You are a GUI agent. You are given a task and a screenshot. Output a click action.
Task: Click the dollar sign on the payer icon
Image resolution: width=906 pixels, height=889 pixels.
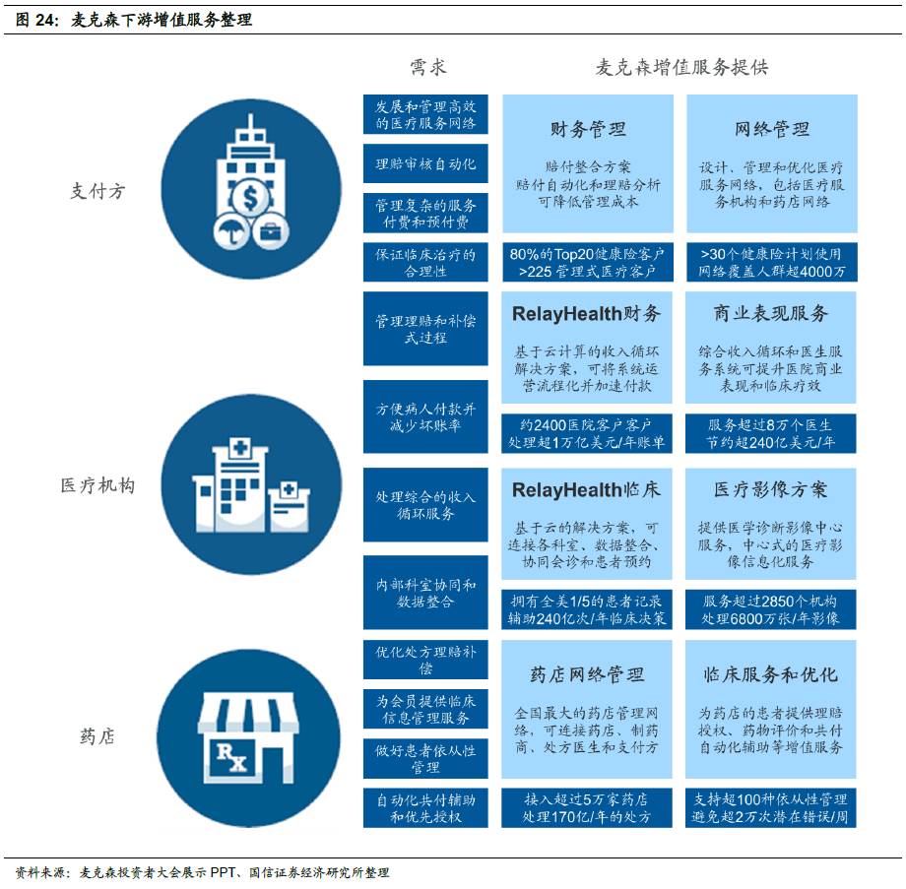pyautogui.click(x=251, y=199)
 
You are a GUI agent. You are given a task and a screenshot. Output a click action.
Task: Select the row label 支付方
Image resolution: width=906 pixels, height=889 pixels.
pyautogui.click(x=97, y=191)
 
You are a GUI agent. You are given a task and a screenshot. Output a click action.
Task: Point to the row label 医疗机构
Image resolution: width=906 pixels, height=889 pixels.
pyautogui.click(x=97, y=485)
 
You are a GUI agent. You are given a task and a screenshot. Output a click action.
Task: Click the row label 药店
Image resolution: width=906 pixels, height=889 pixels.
pyautogui.click(x=97, y=736)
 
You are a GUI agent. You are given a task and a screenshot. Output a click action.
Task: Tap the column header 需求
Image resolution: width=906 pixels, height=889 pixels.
pyautogui.click(x=427, y=67)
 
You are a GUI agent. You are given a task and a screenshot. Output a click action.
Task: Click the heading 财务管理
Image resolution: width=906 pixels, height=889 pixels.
pyautogui.click(x=588, y=130)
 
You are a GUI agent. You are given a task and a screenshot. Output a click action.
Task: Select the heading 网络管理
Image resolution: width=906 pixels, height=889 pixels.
pyautogui.click(x=772, y=130)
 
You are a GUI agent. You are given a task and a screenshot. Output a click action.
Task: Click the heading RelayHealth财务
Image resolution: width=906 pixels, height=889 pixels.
pyautogui.click(x=587, y=314)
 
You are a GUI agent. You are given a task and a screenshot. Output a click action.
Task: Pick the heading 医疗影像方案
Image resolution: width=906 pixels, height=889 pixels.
pyautogui.click(x=771, y=489)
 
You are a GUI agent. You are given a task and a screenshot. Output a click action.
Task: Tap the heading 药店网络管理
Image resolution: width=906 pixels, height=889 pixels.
pyautogui.click(x=588, y=674)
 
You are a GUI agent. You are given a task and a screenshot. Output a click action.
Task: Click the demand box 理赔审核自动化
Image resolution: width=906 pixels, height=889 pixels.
pyautogui.click(x=425, y=163)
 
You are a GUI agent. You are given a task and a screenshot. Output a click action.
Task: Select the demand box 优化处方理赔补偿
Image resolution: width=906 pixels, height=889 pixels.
pyautogui.click(x=425, y=659)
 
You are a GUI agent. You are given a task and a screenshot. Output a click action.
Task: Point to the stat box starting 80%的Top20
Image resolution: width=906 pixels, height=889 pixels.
pyautogui.click(x=588, y=262)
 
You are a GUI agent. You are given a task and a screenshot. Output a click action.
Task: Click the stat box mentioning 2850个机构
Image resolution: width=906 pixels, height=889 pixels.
pyautogui.click(x=771, y=609)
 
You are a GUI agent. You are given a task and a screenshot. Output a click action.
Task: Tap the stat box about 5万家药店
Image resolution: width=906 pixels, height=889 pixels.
pyautogui.click(x=588, y=807)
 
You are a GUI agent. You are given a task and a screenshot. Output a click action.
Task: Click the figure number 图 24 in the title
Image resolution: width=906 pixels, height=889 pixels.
pyautogui.click(x=36, y=19)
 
